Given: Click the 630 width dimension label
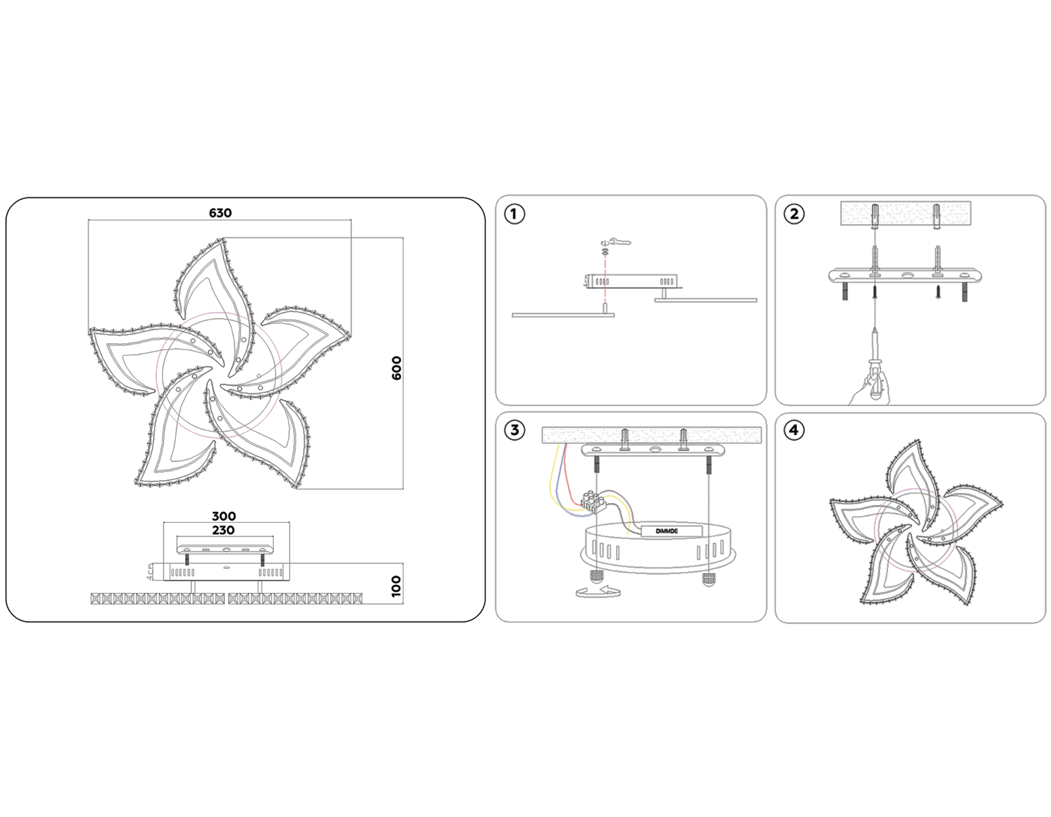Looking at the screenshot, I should [x=220, y=213].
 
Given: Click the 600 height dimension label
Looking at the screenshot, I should [x=396, y=368].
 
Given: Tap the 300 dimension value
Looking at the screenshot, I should [x=224, y=516].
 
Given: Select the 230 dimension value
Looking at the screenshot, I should [x=223, y=530].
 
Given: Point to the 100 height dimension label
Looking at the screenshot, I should [x=396, y=586].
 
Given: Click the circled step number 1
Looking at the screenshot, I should [x=514, y=214].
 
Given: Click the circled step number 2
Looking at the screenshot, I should [x=794, y=214].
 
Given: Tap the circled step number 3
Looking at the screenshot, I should [x=514, y=431].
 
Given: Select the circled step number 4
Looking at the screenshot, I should [x=794, y=431].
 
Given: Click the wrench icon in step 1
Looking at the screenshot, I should [x=620, y=242].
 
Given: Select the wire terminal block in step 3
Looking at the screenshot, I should [x=593, y=501].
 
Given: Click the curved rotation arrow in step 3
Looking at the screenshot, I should [x=597, y=592].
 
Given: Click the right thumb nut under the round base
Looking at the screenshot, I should [x=708, y=579].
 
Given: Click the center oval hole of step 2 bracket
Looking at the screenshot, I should [x=906, y=275].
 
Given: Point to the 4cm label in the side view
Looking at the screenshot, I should [x=151, y=571].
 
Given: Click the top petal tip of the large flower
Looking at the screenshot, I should [x=222, y=240].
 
